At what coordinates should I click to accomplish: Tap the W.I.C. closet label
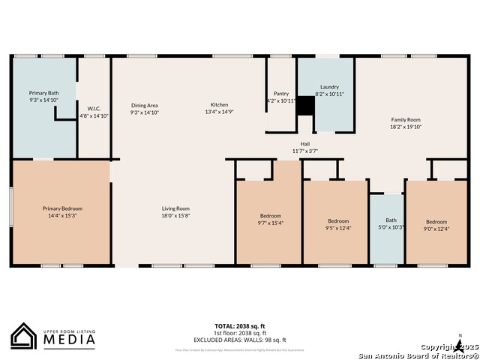click(94, 108)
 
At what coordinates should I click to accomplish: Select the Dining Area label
click(144, 105)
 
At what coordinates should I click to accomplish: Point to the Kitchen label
click(219, 105)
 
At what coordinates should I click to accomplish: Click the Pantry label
click(281, 93)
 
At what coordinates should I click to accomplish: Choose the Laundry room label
click(329, 87)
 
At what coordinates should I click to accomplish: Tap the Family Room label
click(406, 120)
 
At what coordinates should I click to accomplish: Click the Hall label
click(305, 144)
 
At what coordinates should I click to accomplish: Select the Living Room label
click(175, 208)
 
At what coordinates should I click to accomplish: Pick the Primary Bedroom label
click(62, 208)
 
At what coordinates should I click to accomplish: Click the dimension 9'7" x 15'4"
click(270, 223)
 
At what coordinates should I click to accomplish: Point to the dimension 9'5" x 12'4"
click(338, 227)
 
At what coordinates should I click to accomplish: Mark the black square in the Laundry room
click(305, 106)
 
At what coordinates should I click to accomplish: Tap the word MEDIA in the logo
click(68, 340)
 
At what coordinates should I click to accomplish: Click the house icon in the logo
click(24, 336)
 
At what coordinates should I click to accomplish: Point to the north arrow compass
click(459, 344)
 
